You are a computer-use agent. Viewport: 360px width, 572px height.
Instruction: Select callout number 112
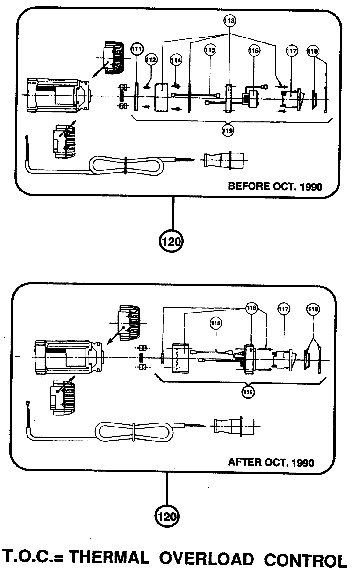(x=151, y=60)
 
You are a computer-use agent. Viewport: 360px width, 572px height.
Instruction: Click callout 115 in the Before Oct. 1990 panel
(x=210, y=50)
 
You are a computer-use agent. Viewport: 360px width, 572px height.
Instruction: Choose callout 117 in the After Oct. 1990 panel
(x=284, y=309)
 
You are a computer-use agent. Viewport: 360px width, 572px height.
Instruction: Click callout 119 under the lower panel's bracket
(x=249, y=392)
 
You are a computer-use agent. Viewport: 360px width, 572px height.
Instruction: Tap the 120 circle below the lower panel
(x=167, y=516)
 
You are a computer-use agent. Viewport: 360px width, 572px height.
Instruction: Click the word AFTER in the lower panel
(x=244, y=463)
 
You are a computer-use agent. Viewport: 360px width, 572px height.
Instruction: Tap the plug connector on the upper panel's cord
(x=223, y=161)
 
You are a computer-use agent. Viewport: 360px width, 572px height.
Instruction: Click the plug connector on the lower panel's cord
(x=234, y=426)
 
